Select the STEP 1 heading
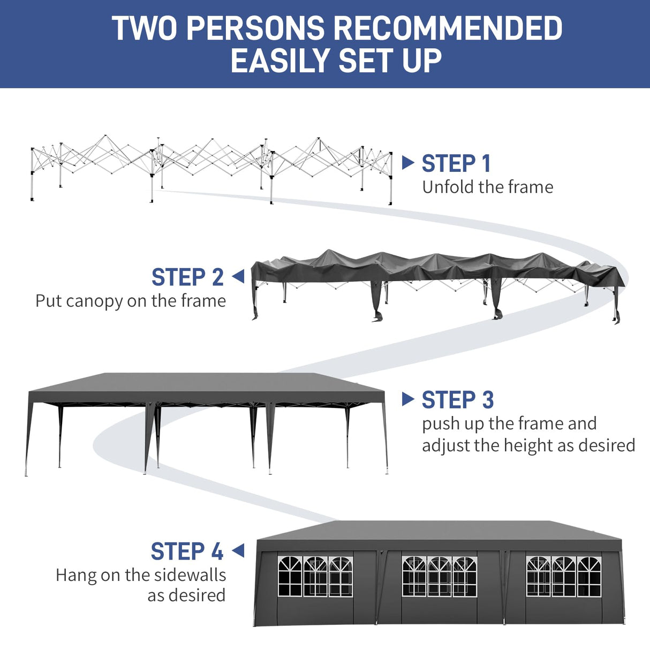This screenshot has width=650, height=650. [x=456, y=163]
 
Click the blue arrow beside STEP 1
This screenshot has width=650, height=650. [x=408, y=163]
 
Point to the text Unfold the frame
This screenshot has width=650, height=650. [x=487, y=187]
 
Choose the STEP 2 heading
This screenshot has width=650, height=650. [x=187, y=277]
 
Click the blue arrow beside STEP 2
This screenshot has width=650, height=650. [x=238, y=277]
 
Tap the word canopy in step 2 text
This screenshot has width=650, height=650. [x=95, y=301]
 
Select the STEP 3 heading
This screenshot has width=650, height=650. [x=457, y=400]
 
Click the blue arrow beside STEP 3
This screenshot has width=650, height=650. [x=408, y=399]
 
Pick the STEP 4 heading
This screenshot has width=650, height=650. [x=187, y=551]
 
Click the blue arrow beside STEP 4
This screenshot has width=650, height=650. [x=238, y=550]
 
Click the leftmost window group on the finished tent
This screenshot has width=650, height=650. [x=315, y=577]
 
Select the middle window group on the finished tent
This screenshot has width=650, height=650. [x=439, y=577]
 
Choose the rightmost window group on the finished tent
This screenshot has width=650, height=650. [x=563, y=577]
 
